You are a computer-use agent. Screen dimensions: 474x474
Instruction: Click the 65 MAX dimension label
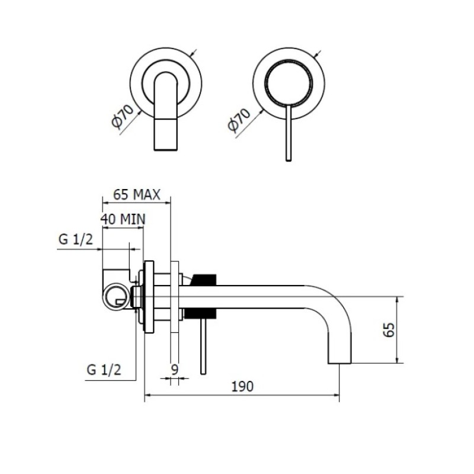tap(137, 195)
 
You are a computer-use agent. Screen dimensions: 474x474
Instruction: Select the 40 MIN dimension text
tap(123, 219)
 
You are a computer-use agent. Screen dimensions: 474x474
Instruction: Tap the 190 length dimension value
tap(242, 387)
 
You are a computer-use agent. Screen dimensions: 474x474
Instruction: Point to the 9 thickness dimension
tap(175, 369)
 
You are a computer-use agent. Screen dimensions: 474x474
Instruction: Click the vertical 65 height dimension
tap(389, 329)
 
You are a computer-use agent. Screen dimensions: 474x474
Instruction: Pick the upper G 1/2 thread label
tap(76, 240)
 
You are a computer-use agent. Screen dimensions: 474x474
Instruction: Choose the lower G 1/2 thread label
tap(104, 369)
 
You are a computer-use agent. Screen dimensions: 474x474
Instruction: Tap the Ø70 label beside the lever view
tap(239, 120)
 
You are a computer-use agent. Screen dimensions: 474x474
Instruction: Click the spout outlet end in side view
tap(340, 363)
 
